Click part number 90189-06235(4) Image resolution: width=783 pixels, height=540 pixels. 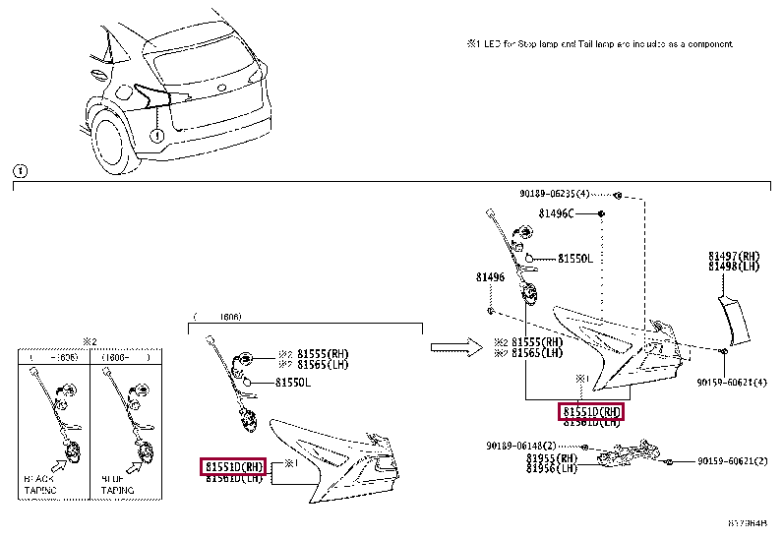555,194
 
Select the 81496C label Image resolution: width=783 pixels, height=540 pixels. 557,213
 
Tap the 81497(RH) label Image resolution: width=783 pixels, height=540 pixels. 734,256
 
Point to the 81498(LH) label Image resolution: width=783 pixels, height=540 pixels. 734,266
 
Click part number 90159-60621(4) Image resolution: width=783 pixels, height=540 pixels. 732,381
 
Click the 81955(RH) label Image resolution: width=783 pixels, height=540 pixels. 552,458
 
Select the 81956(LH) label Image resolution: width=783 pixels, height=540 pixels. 552,468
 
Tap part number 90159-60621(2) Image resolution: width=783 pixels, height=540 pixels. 732,460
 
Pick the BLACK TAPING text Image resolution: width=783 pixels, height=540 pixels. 39,483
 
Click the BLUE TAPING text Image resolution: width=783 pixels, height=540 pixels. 117,483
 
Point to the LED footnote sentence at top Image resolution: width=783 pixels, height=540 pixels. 599,44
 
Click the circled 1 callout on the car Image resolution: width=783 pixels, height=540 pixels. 157,134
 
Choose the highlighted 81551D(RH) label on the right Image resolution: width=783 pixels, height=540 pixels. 591,411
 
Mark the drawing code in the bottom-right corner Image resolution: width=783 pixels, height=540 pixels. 749,524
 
